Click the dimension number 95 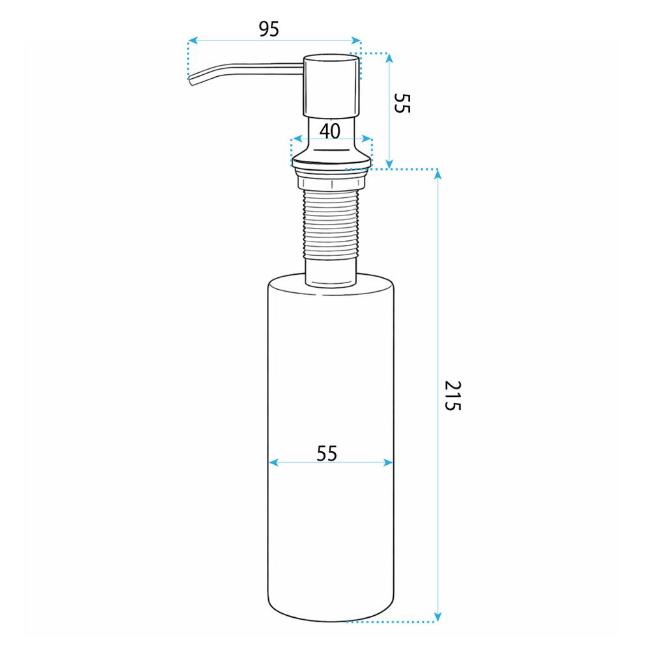[269, 29]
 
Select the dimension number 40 [330, 132]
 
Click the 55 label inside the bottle [327, 453]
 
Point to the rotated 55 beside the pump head [402, 103]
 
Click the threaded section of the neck [331, 224]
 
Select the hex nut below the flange [331, 182]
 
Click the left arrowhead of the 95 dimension [192, 40]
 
